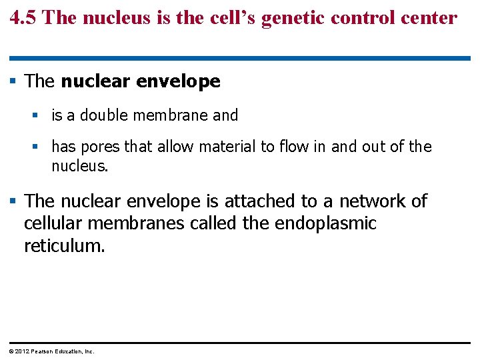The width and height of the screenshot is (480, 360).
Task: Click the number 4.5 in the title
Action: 23,17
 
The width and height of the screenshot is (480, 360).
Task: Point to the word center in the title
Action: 431,17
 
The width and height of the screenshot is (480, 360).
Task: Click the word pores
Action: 100,147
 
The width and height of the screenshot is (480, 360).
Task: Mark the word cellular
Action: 53,223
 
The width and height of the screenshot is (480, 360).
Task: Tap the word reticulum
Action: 64,245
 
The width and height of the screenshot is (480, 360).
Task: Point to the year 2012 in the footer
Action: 20,351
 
